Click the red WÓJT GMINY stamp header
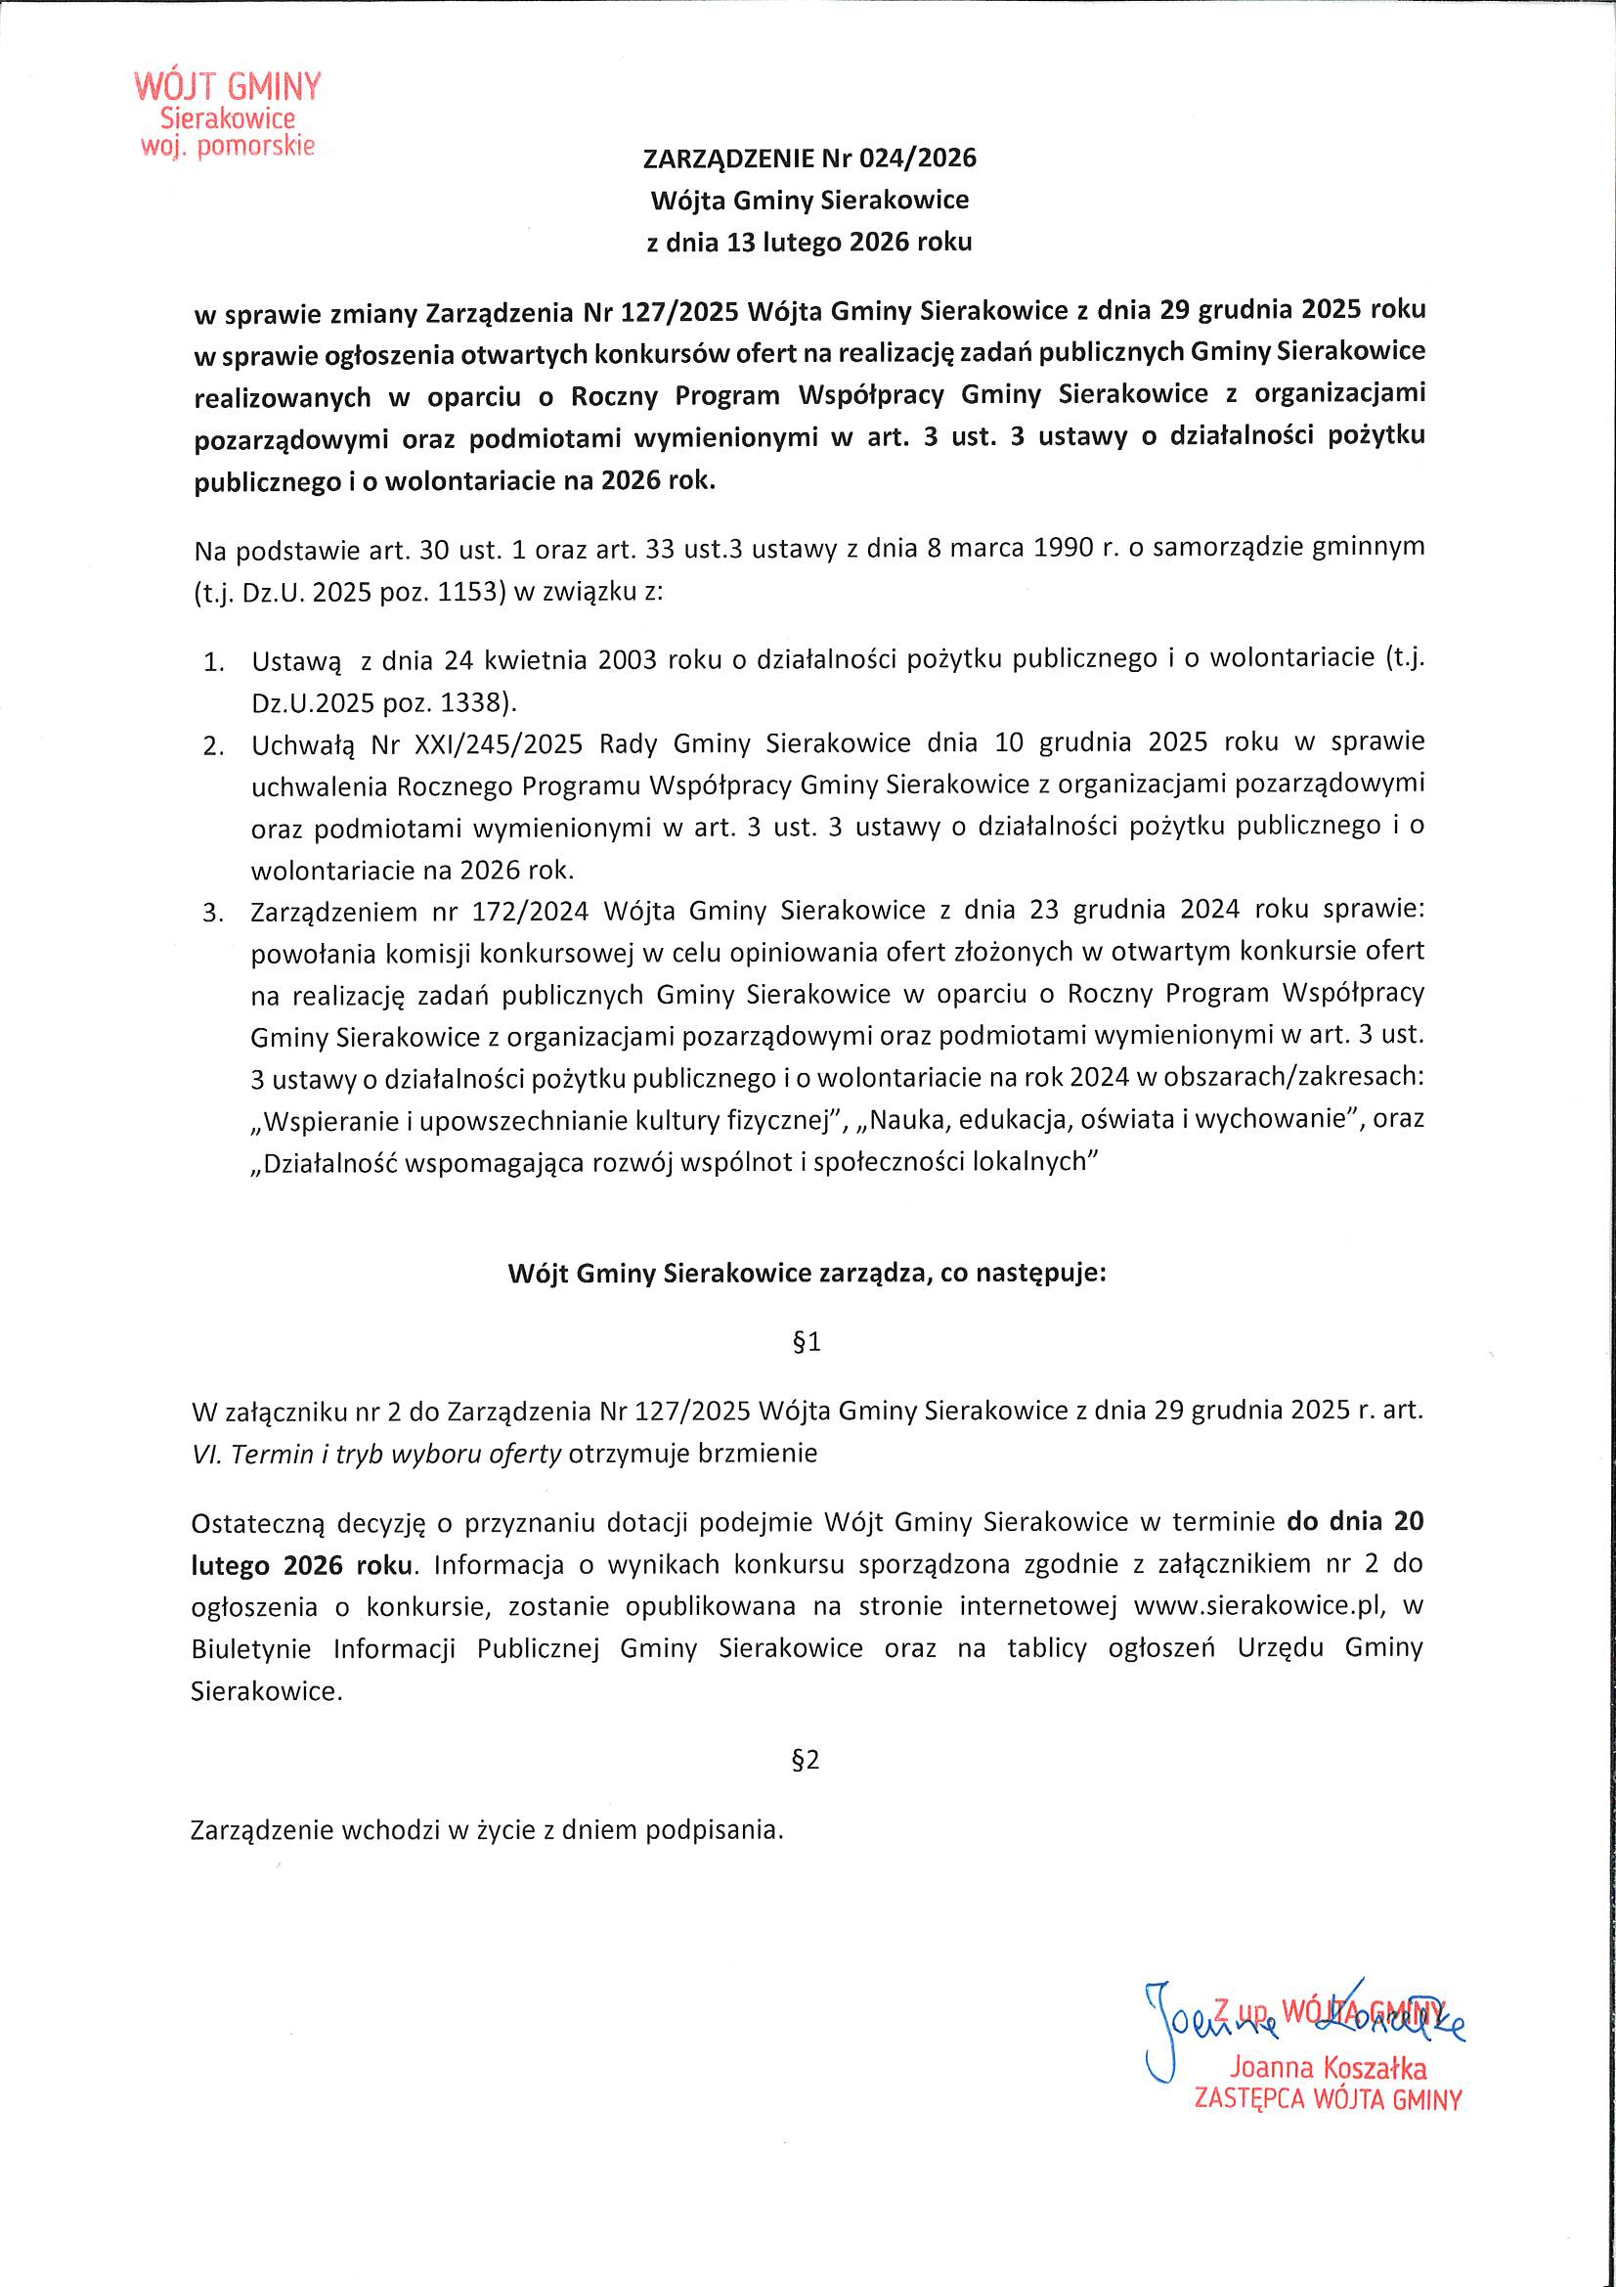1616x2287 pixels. point(228,87)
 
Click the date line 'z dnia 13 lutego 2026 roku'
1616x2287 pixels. point(808,242)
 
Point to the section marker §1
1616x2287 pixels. point(807,1342)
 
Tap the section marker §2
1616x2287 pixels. point(806,1760)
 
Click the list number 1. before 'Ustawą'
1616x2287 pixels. point(213,662)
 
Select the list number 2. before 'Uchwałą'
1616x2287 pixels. point(213,746)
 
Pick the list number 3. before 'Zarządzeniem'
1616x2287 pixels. point(213,913)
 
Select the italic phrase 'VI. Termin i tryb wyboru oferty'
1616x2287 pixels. point(377,1455)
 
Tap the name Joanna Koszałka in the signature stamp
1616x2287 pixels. point(1328,2068)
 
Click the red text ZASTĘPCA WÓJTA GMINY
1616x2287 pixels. point(1328,2100)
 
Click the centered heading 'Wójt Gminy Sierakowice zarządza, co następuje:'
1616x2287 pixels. point(807,1273)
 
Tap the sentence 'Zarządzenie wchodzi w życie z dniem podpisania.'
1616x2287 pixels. point(487,1830)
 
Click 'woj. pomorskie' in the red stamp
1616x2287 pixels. point(228,147)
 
